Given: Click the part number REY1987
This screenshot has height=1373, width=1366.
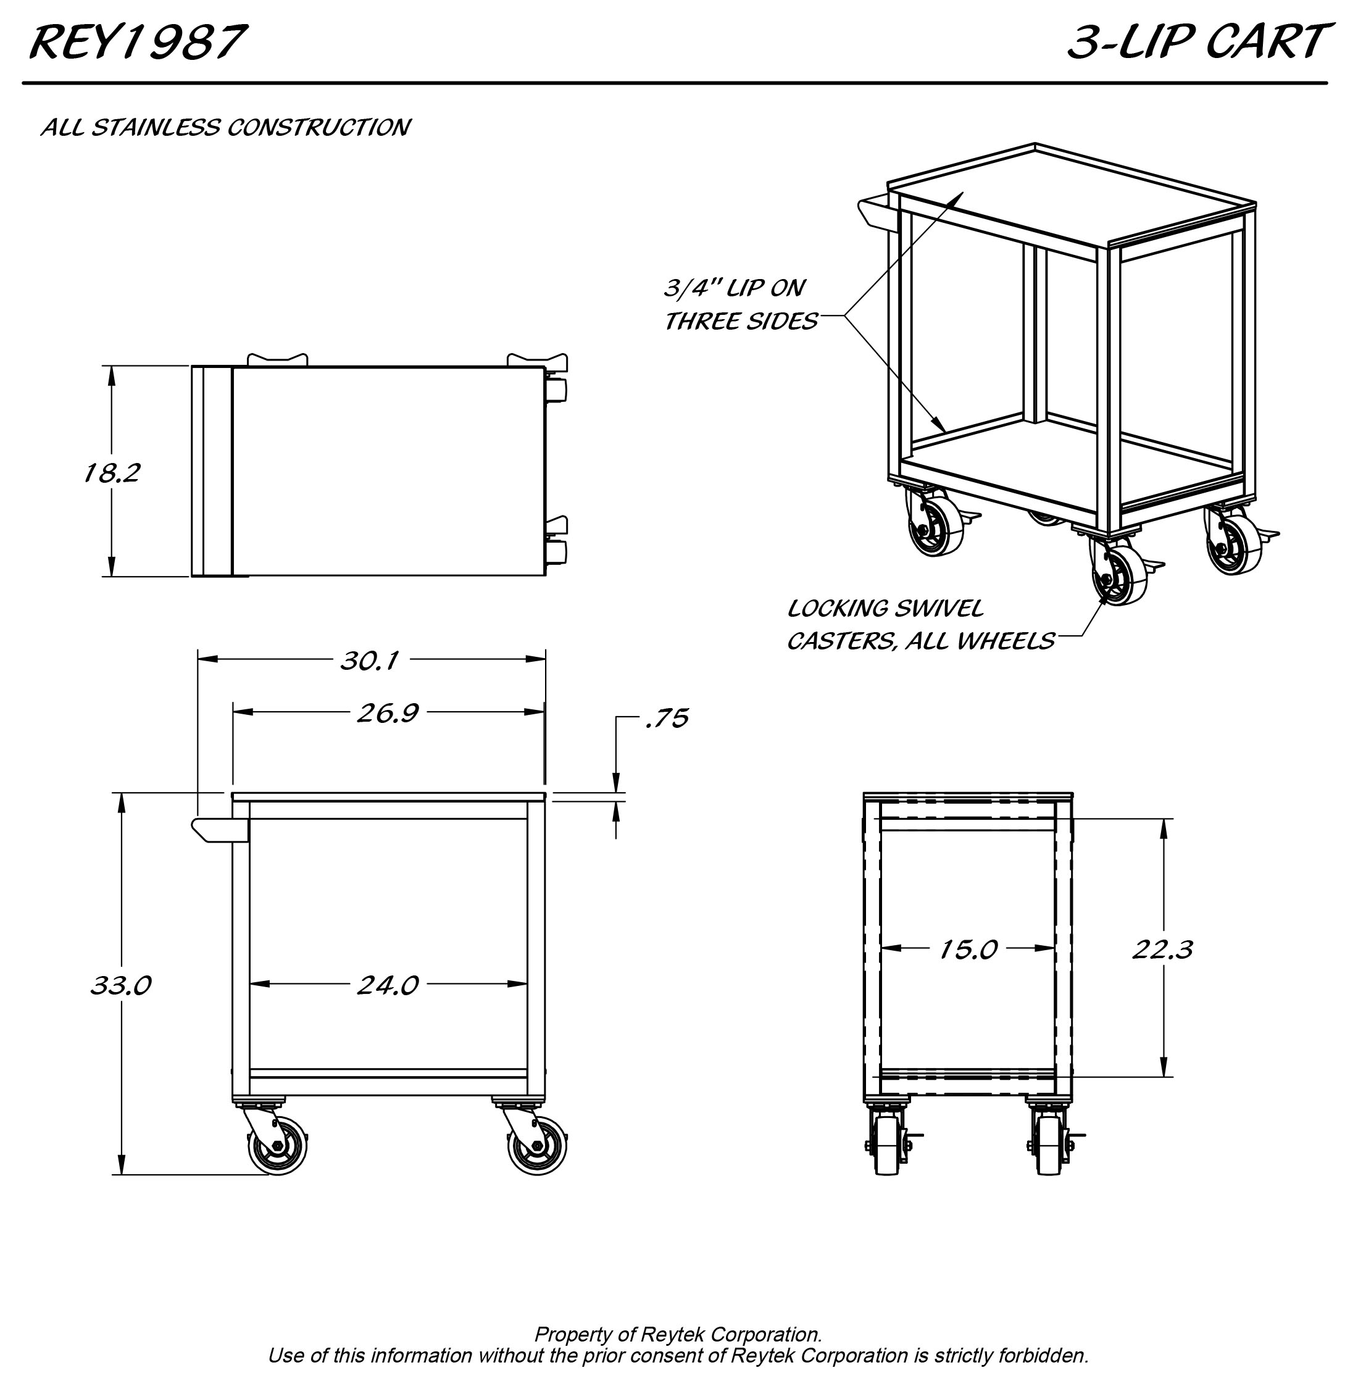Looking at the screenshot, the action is click(137, 41).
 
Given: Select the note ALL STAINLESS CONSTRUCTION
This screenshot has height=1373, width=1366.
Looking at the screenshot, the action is click(225, 127).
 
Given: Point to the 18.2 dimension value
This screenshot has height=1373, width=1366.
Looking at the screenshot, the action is click(112, 473).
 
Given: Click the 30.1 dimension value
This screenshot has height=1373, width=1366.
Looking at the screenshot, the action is click(369, 661).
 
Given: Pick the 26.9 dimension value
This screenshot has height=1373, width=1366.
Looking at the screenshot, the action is click(388, 713).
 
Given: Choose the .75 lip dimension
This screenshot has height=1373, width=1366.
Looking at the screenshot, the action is click(667, 719).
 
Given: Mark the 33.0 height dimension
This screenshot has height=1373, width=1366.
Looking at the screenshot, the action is click(121, 986).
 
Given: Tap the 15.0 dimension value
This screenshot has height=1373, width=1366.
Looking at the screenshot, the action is click(968, 949).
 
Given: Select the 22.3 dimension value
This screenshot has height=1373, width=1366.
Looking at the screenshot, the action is click(1162, 949).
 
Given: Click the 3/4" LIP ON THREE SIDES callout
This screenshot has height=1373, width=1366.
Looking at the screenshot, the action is click(741, 305).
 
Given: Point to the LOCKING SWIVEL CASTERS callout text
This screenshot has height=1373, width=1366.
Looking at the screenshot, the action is click(920, 625).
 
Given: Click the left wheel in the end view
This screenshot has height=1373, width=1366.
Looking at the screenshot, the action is click(888, 1145).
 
